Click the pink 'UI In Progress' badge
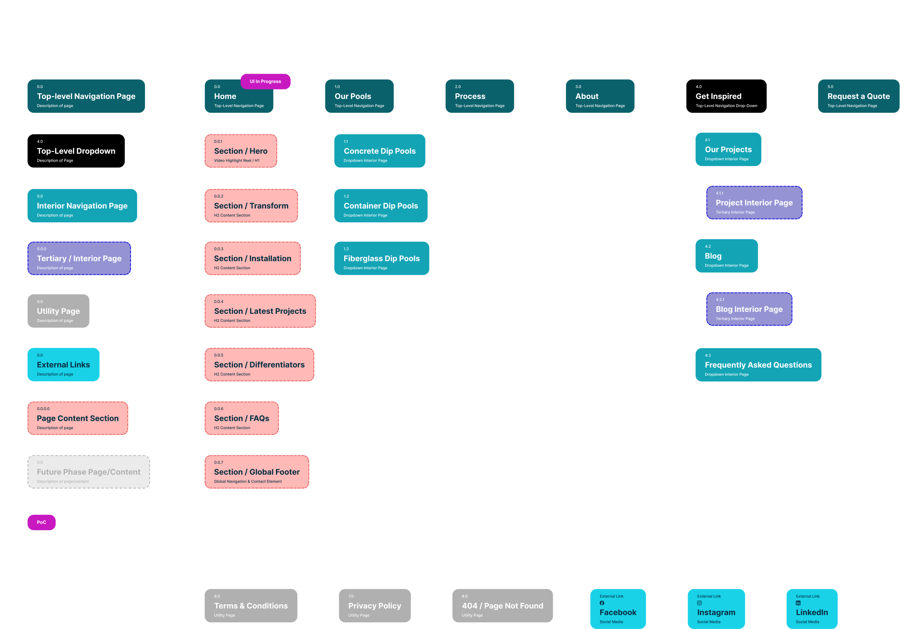tap(266, 82)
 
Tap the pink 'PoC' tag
tap(42, 522)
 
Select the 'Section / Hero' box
tap(241, 151)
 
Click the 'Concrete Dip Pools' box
tap(379, 151)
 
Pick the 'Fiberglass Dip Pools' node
tap(381, 258)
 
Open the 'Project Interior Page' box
tap(754, 203)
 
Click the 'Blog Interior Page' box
tap(749, 309)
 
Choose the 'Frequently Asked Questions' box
tap(758, 365)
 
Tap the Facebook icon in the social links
tap(602, 603)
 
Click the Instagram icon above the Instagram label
tap(699, 603)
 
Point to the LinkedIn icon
tap(798, 603)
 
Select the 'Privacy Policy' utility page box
tap(375, 606)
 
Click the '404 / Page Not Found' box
tap(503, 606)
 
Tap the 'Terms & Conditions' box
tap(251, 606)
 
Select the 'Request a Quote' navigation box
tap(858, 96)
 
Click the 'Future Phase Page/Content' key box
tap(89, 472)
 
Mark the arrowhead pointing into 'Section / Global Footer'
tap(203, 470)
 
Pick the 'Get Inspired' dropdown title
tap(718, 96)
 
